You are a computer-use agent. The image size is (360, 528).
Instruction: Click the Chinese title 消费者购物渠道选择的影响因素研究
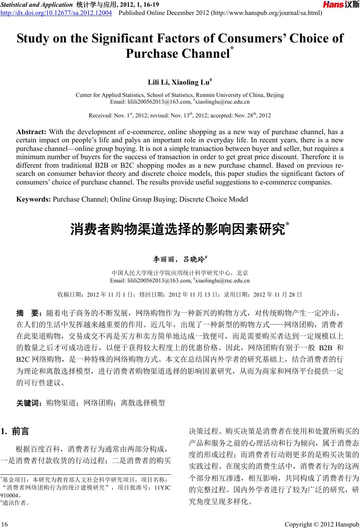coord(178,229)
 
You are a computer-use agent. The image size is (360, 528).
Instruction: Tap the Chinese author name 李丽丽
coord(163,259)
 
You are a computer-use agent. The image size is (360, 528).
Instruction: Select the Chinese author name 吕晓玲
coord(194,259)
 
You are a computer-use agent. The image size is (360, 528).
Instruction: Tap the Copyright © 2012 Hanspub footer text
coord(321,524)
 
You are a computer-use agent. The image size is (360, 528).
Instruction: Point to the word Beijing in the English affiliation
coord(275,95)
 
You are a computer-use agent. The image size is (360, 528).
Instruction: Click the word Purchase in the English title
coord(152,54)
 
